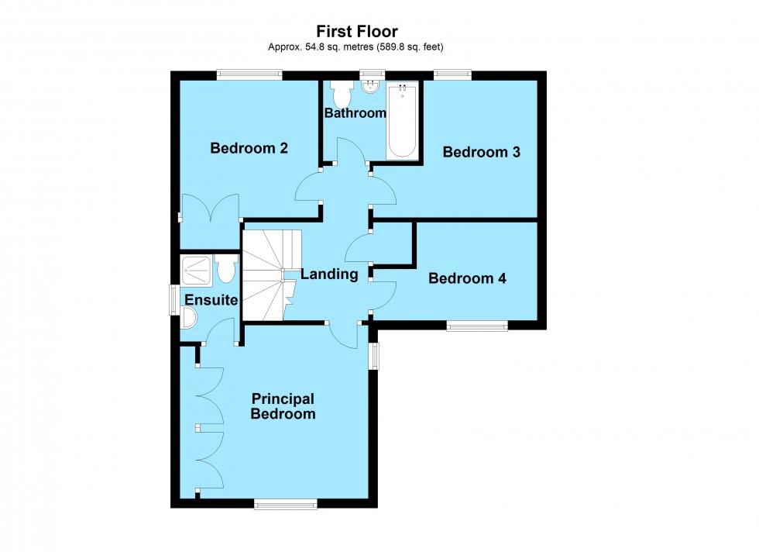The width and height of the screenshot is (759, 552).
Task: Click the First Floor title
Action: click(x=357, y=31)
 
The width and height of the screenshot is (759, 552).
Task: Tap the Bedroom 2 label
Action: click(x=249, y=148)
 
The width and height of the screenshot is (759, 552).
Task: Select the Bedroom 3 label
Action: click(x=480, y=152)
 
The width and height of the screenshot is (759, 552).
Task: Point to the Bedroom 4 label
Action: click(x=467, y=278)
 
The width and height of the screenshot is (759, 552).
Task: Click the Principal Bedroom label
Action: click(x=283, y=406)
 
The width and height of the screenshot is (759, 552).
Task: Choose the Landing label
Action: click(x=329, y=274)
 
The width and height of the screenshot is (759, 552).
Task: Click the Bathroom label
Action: click(x=355, y=113)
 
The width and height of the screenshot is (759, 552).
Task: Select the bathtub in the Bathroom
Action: click(x=402, y=121)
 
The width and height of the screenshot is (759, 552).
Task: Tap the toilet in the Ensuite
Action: click(x=225, y=270)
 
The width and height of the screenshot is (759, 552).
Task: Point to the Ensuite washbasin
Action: click(x=187, y=318)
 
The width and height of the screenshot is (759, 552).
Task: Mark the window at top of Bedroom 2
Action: click(x=249, y=74)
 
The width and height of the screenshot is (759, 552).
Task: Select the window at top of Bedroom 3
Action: click(x=452, y=74)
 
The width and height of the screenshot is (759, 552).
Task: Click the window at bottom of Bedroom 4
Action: click(x=477, y=326)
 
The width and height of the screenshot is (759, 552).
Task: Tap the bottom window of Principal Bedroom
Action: click(x=286, y=505)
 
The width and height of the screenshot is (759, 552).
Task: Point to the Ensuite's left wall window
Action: click(x=174, y=300)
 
